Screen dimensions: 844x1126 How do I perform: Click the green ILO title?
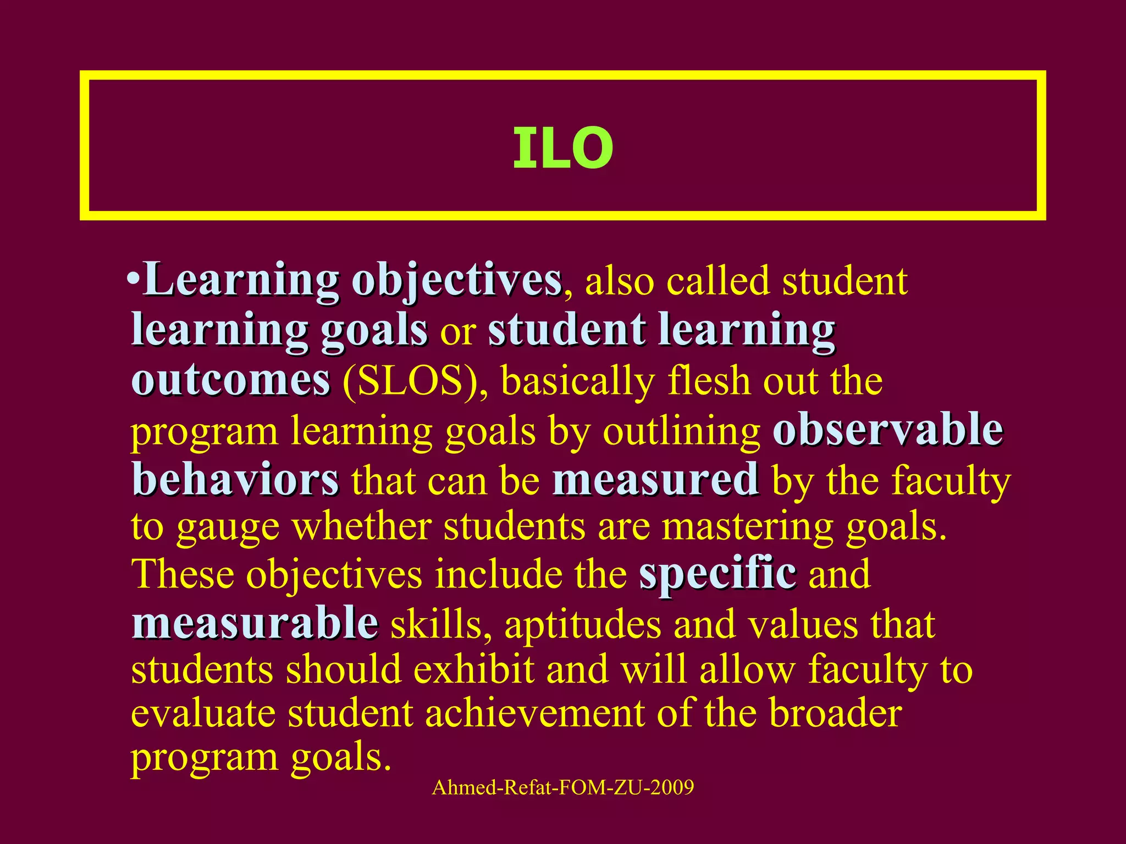click(x=562, y=148)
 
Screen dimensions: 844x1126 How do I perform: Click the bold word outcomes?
click(x=231, y=380)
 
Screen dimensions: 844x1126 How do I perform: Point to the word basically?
click(x=578, y=380)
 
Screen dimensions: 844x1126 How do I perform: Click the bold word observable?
click(x=887, y=430)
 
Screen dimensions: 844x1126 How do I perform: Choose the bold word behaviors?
click(x=235, y=480)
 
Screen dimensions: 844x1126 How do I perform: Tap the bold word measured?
click(x=656, y=480)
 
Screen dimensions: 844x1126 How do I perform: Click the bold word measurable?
click(x=255, y=624)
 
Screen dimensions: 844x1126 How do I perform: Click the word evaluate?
click(x=203, y=713)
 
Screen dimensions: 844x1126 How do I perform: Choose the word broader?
click(x=835, y=713)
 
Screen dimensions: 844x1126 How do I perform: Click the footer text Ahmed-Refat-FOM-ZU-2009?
click(x=562, y=787)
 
